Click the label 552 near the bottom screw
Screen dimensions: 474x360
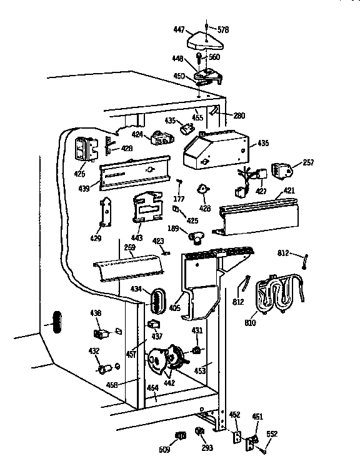click(x=272, y=433)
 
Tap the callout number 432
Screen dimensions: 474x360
click(x=94, y=352)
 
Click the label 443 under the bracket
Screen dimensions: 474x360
click(x=137, y=238)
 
